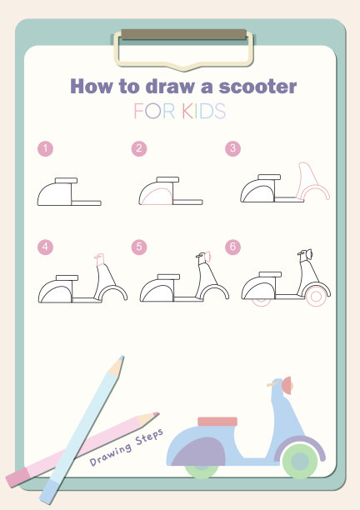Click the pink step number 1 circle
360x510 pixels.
point(45,148)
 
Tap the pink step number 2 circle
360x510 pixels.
point(139,148)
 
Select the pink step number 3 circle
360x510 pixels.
point(232,148)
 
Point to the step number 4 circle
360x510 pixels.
point(45,247)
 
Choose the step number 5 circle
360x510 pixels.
point(139,247)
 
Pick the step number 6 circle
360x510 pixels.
point(232,247)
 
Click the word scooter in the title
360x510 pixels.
point(257,87)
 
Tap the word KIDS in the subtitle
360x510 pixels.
point(203,111)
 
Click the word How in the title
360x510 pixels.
point(92,87)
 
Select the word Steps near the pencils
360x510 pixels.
point(149,437)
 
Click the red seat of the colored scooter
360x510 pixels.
point(217,422)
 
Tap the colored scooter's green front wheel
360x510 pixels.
point(300,461)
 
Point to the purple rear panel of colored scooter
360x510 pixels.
point(199,452)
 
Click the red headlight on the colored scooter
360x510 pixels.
point(287,386)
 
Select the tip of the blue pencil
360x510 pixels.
point(122,357)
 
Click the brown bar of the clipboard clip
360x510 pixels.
point(183,34)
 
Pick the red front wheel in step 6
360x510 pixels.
point(316,297)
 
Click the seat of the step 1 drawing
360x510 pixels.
point(66,181)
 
